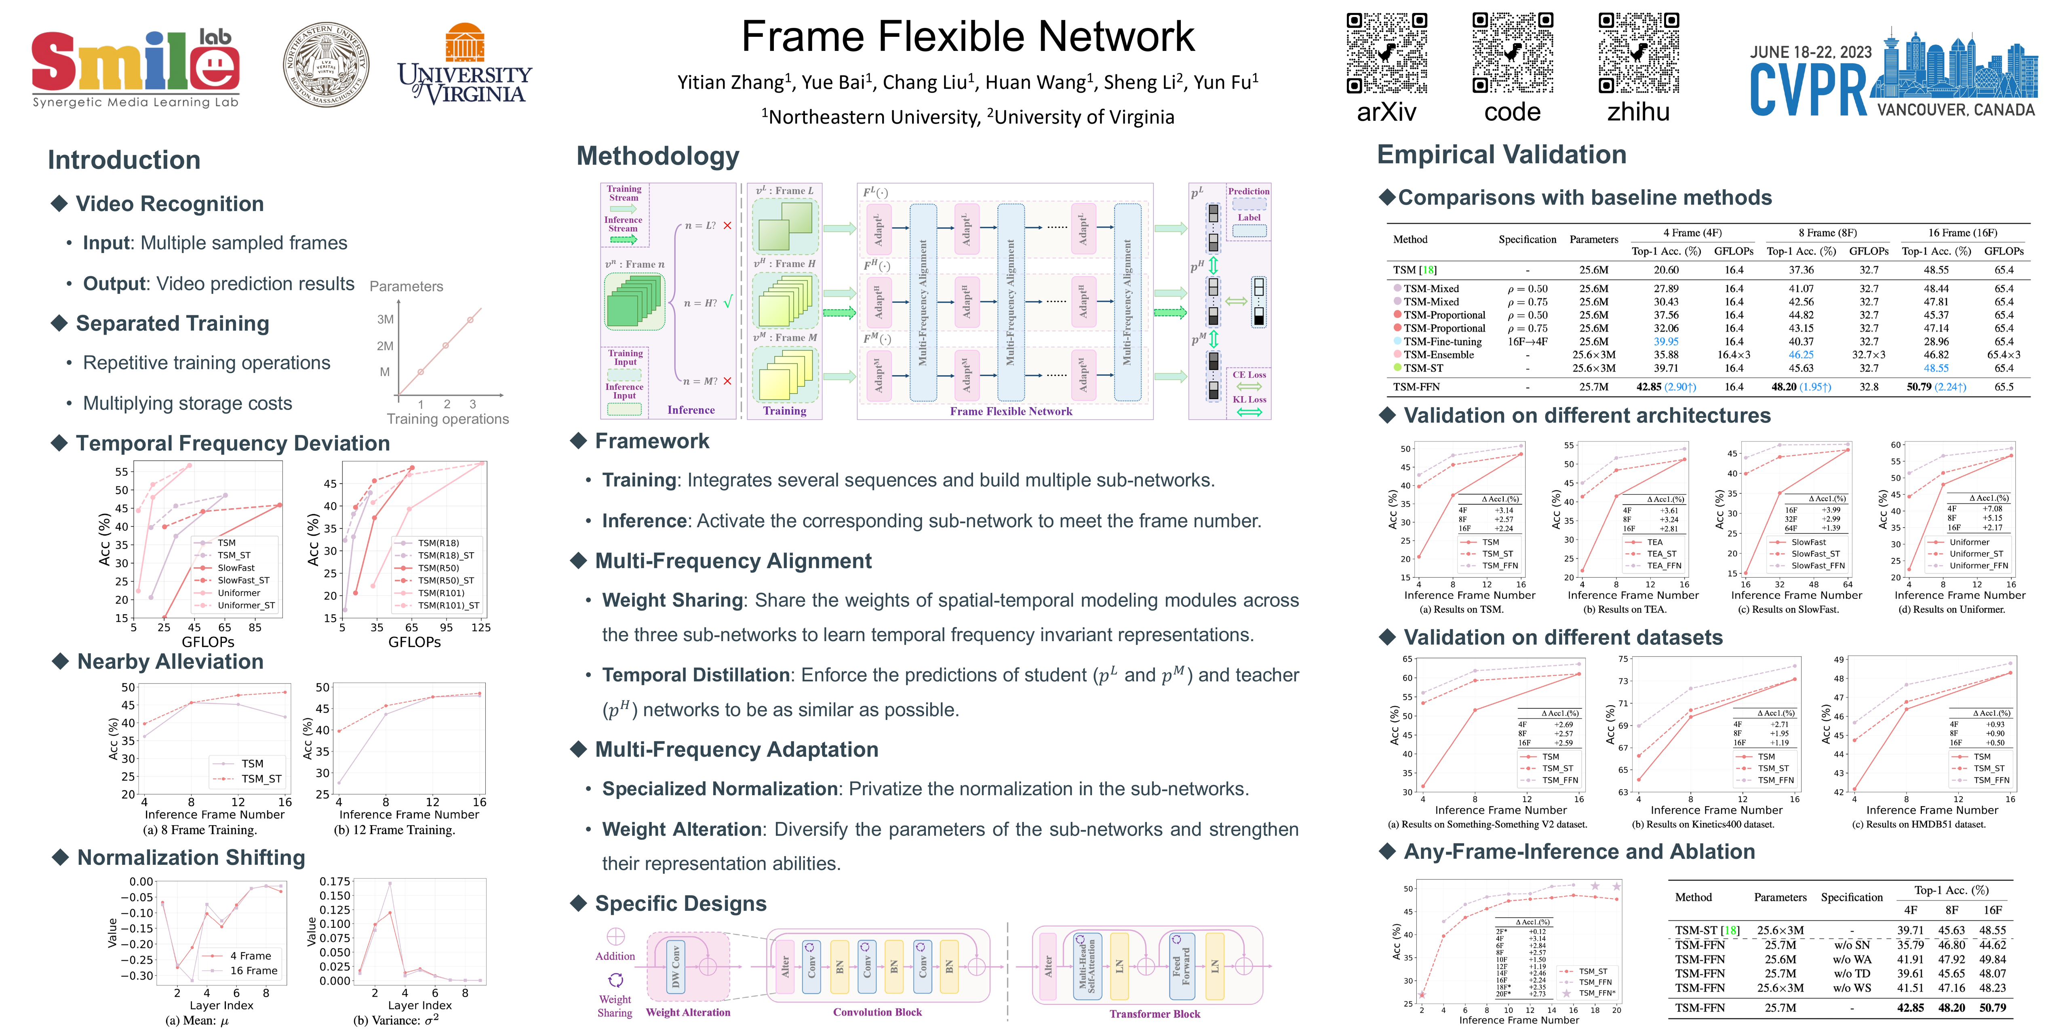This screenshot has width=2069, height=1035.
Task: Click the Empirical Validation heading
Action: (1501, 154)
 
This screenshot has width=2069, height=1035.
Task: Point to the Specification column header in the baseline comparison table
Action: (1527, 239)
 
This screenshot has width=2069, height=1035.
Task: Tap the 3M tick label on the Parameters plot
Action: (386, 319)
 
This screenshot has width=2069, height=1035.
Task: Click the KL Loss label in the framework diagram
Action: (1249, 399)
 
